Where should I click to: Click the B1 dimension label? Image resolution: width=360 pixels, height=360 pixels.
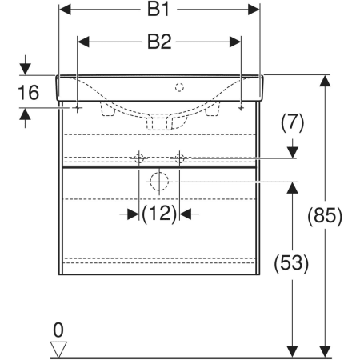pos(158,10)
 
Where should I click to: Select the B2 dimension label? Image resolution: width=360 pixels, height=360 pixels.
pos(159,42)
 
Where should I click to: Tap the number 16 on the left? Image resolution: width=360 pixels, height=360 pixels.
pos(28,93)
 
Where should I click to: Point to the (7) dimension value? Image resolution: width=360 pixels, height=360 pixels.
pos(292,122)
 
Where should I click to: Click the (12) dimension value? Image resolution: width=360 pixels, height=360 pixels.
pos(159,214)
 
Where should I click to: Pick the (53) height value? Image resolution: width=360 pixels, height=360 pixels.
pos(291,263)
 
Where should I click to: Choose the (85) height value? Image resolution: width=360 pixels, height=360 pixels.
pos(325,215)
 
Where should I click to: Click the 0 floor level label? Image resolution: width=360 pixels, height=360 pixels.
pos(58,330)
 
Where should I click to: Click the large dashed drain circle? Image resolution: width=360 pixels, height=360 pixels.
pos(159,182)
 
